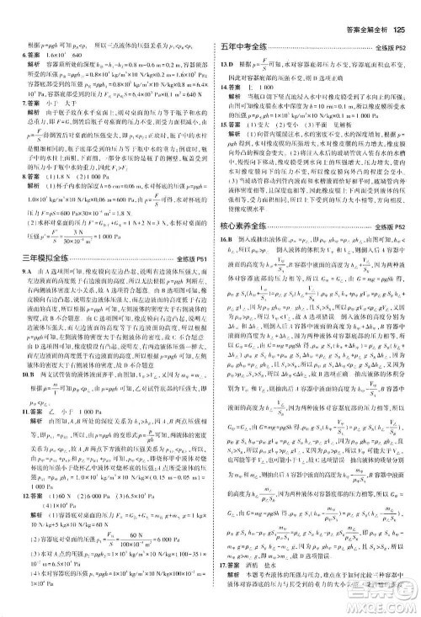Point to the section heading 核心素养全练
tap(245, 226)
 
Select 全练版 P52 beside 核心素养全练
tap(392, 226)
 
